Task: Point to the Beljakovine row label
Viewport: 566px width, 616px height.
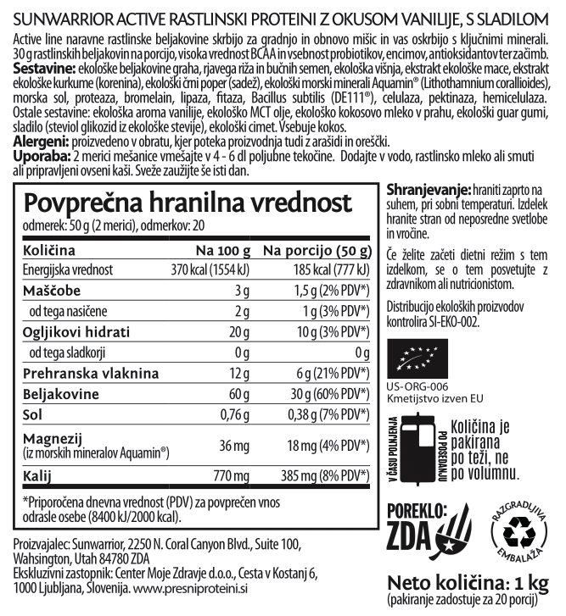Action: [55, 393]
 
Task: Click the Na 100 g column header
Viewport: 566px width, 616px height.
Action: [223, 251]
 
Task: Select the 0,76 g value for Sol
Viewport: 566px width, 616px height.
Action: [230, 414]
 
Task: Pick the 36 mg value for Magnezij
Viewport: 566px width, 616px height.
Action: [232, 447]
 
